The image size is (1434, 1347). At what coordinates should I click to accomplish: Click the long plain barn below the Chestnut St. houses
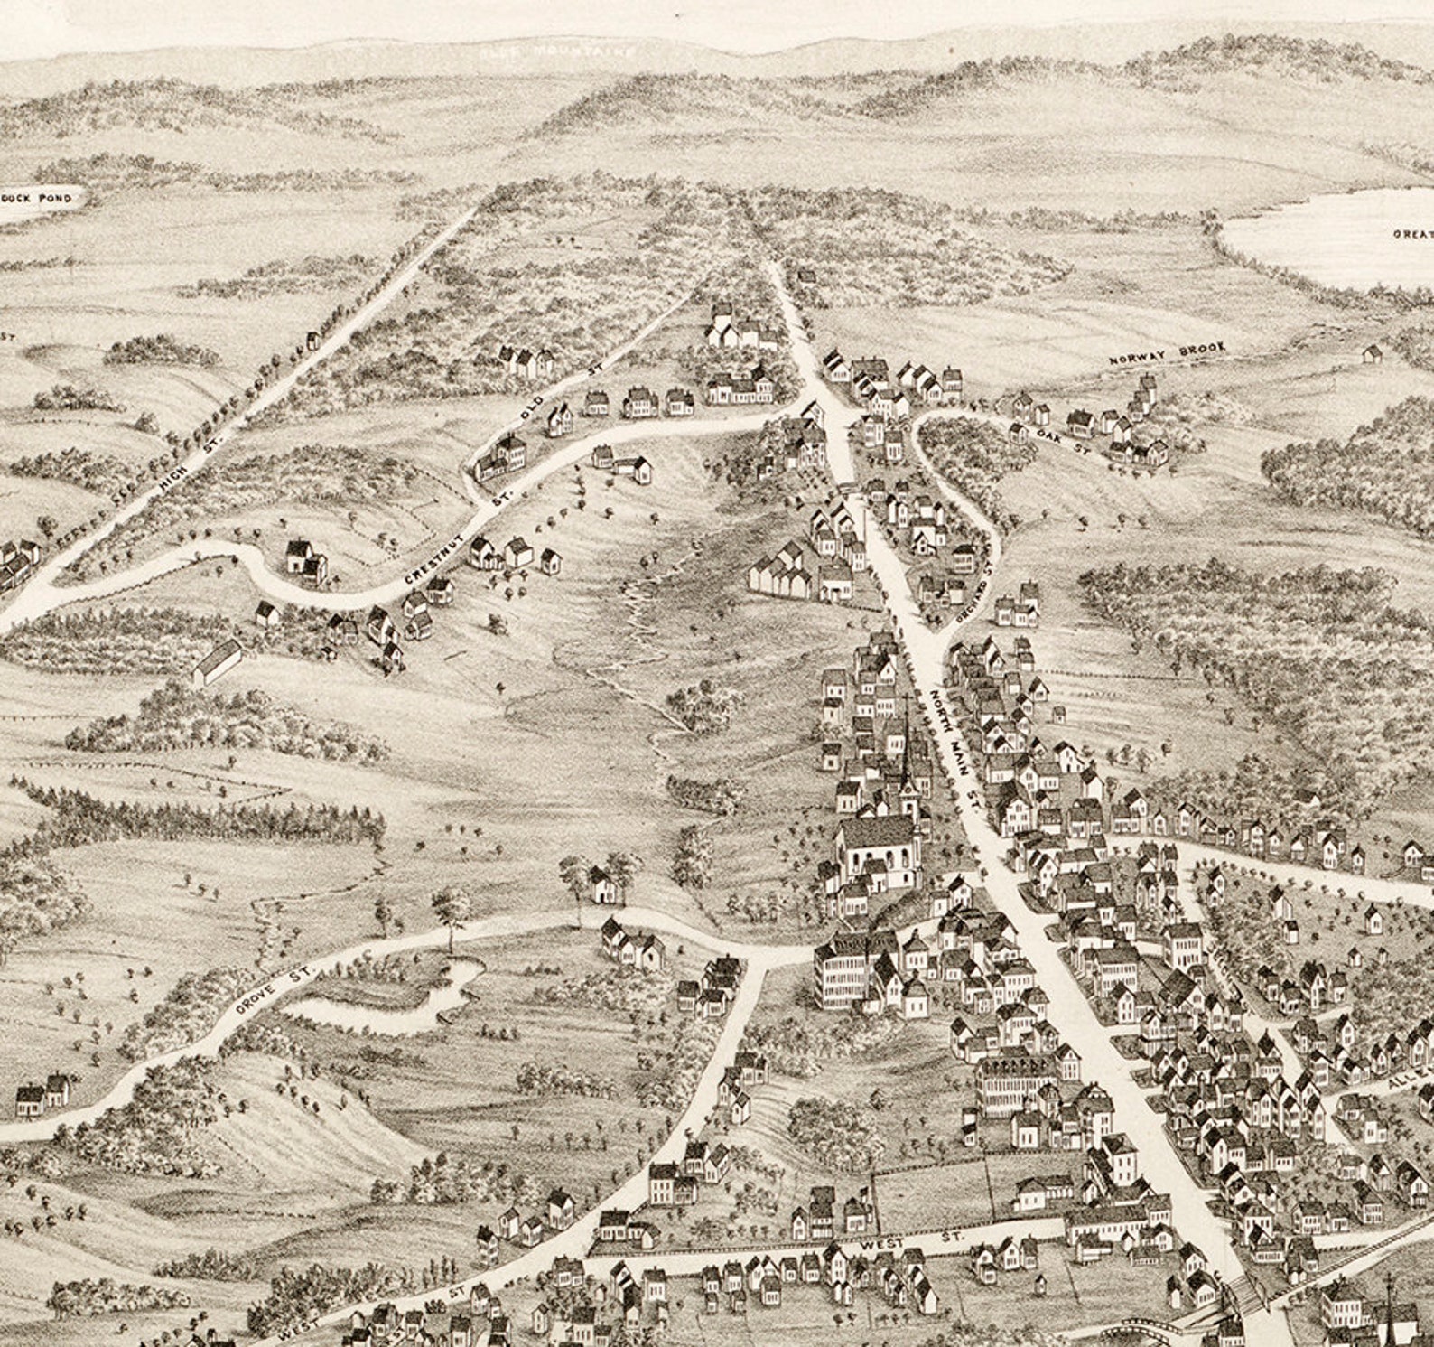(x=218, y=662)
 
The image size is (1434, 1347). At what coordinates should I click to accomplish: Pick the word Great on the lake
(x=1411, y=233)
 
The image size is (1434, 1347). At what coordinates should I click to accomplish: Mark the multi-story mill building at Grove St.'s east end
(x=844, y=976)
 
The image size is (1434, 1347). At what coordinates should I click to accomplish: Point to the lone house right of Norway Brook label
(x=1373, y=352)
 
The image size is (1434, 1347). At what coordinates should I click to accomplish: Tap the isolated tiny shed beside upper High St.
(x=313, y=340)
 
